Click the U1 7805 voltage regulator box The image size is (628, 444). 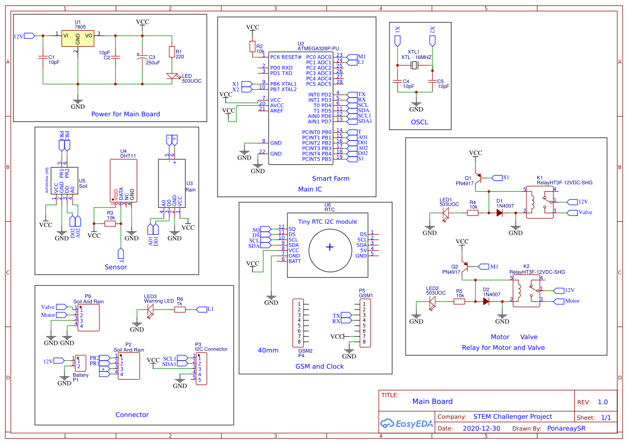click(x=77, y=38)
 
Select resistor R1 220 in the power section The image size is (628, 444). click(x=171, y=52)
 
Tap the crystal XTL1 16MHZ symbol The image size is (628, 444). click(x=414, y=65)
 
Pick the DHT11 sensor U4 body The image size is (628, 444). click(x=123, y=180)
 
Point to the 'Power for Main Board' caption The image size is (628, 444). click(x=125, y=114)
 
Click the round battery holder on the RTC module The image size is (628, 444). click(x=329, y=246)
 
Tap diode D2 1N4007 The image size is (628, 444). click(x=486, y=301)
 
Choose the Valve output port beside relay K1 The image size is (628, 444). click(x=572, y=213)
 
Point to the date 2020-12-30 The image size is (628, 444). click(x=481, y=428)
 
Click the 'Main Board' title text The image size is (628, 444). click(x=432, y=401)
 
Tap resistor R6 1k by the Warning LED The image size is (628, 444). click(x=179, y=309)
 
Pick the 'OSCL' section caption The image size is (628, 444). click(x=419, y=122)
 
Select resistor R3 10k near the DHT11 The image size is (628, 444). click(x=110, y=223)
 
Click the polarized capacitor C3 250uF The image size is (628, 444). click(x=142, y=59)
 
